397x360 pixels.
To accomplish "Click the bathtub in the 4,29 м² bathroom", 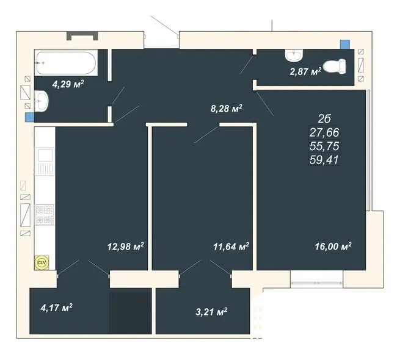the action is point(66,63).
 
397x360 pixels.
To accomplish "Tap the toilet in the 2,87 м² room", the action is point(335,67).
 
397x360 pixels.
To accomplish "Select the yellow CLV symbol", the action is point(42,262).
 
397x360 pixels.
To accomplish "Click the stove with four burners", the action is point(45,215).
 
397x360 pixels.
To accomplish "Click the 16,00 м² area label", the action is point(333,246).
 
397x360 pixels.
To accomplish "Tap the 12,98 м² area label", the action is point(126,246).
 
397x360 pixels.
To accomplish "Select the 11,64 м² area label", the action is point(231,246).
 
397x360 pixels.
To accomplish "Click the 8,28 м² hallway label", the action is point(227,109).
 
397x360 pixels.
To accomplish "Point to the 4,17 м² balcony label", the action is point(56,308).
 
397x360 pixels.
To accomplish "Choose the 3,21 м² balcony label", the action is point(211,312).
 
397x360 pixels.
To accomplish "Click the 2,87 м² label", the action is point(305,71).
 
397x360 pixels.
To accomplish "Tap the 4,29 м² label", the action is point(68,84).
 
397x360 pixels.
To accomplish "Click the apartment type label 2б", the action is point(324,118).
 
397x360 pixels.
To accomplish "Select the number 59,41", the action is point(324,160).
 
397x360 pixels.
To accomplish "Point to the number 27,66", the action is point(324,132).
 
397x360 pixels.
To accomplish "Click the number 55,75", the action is point(324,146).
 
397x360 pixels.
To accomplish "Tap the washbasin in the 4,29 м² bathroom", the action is point(41,101).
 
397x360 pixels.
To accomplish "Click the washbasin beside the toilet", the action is point(294,56).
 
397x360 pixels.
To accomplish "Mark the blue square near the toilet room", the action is point(345,45).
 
